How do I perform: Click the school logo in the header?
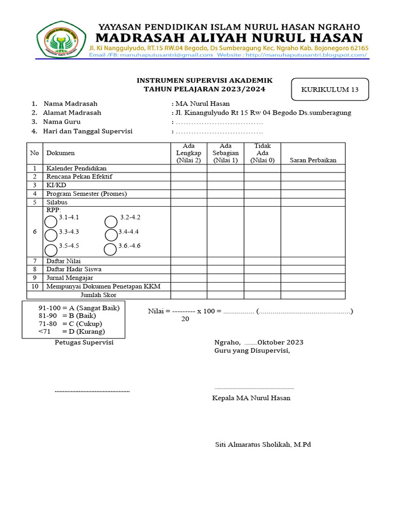click(61, 39)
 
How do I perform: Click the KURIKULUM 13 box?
click(330, 89)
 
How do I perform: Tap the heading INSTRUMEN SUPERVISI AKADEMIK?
click(204, 81)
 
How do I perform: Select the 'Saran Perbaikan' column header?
click(313, 160)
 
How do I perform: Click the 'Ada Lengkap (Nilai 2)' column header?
click(189, 153)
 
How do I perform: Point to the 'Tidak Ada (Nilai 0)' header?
click(262, 153)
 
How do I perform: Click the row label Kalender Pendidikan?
click(76, 168)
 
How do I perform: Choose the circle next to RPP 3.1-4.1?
click(51, 222)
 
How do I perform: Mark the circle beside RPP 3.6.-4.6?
click(110, 250)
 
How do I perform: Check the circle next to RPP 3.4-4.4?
click(110, 235)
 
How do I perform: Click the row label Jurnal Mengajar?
click(70, 278)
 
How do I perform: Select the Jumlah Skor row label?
click(98, 295)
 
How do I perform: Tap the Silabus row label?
click(57, 203)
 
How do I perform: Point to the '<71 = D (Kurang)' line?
click(71, 331)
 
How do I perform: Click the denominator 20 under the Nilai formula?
click(185, 319)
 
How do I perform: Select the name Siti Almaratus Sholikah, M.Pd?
click(263, 444)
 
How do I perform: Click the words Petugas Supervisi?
click(84, 343)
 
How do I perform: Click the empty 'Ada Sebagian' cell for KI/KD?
click(225, 185)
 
